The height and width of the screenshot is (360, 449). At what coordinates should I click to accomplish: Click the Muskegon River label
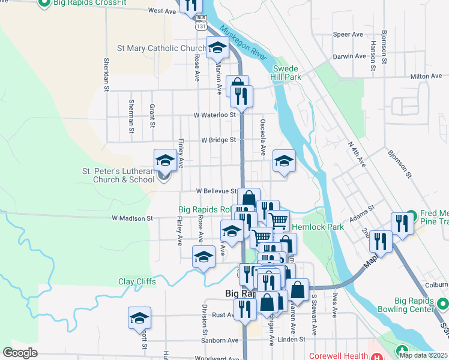tap(244, 43)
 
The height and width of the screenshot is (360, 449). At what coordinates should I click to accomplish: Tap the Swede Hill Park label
tap(285, 73)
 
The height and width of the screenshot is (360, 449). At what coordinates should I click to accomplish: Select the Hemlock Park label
tap(318, 227)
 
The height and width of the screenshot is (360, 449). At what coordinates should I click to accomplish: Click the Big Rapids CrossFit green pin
tap(43, 4)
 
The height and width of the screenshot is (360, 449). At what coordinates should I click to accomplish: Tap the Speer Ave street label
tap(349, 35)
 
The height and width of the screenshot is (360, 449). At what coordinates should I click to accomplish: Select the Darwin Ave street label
tap(349, 56)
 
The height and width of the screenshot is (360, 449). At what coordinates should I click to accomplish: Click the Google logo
tap(20, 353)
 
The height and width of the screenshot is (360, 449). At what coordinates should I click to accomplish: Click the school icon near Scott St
tap(140, 318)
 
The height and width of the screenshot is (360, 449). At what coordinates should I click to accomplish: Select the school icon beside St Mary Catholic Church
tap(217, 47)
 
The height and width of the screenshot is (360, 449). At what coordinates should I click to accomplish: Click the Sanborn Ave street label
tap(221, 340)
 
